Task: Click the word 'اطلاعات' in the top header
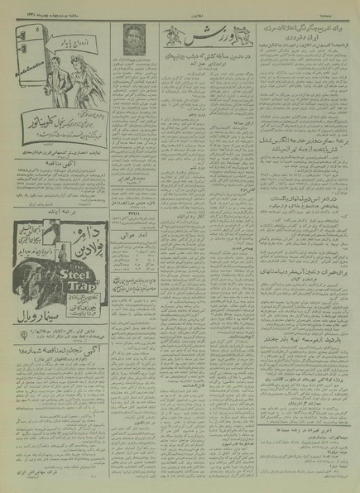coord(180,12)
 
